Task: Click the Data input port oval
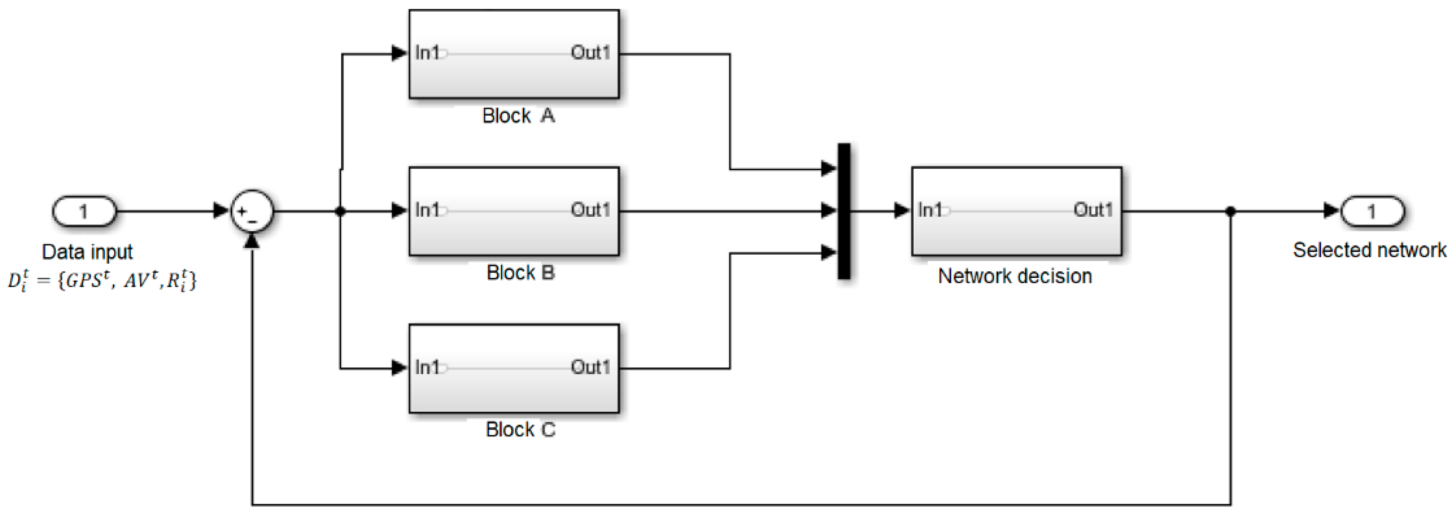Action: pyautogui.click(x=84, y=211)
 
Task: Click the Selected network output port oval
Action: pyautogui.click(x=1372, y=211)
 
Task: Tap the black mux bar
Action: pyautogui.click(x=844, y=211)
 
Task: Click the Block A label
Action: pyautogui.click(x=518, y=115)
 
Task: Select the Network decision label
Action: pyautogui.click(x=1015, y=276)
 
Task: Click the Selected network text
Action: pyautogui.click(x=1370, y=250)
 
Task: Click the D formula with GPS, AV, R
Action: pyautogui.click(x=102, y=280)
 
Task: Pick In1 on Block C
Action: pyautogui.click(x=427, y=367)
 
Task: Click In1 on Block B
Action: pyautogui.click(x=427, y=210)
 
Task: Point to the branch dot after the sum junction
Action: pyautogui.click(x=340, y=211)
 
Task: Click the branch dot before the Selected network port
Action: pyautogui.click(x=1231, y=211)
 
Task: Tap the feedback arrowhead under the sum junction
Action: pyautogui.click(x=252, y=241)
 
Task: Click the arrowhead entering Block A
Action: pyautogui.click(x=400, y=53)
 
